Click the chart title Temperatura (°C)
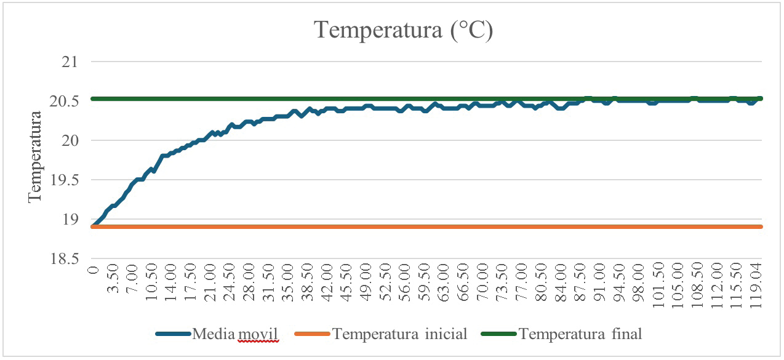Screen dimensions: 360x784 [404, 30]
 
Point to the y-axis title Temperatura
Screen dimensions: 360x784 [34, 156]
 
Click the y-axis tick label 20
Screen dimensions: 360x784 [74, 141]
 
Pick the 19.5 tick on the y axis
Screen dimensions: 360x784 [68, 180]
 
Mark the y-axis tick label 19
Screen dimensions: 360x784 [74, 220]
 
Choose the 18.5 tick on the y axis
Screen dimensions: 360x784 [68, 259]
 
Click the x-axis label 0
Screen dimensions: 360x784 [94, 270]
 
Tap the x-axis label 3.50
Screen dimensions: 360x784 [113, 280]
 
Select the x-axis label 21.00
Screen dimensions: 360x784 [210, 282]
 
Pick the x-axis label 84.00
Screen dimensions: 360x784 [561, 282]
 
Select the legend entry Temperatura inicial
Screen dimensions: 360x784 [399, 334]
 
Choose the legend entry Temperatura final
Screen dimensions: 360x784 [580, 334]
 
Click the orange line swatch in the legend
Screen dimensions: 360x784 [313, 335]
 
